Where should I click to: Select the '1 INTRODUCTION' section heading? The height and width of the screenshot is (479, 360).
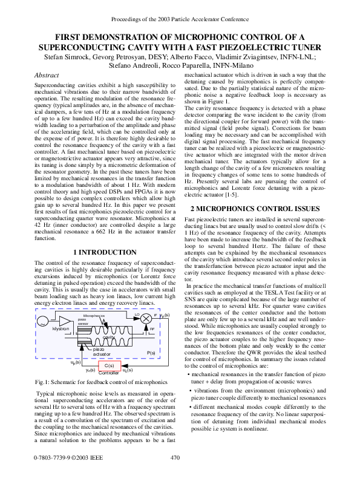tap(104, 252)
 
